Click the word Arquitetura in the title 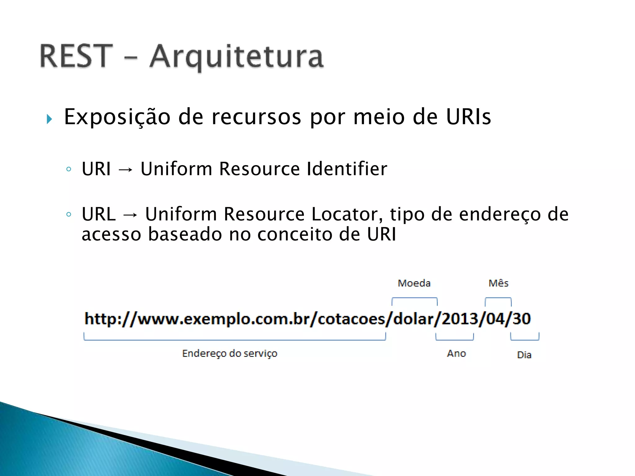[x=237, y=57]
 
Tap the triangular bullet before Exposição [x=49, y=119]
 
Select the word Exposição [x=117, y=117]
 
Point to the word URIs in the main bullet [x=468, y=117]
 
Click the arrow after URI [x=126, y=170]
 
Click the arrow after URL [x=130, y=215]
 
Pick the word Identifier [x=347, y=169]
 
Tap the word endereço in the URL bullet [x=500, y=215]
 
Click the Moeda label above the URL [x=414, y=283]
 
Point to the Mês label [x=499, y=283]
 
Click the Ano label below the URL [x=456, y=354]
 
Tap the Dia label [x=524, y=355]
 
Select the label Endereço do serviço [x=230, y=354]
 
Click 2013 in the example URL [x=460, y=319]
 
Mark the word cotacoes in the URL [x=351, y=319]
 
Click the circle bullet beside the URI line [x=69, y=169]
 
